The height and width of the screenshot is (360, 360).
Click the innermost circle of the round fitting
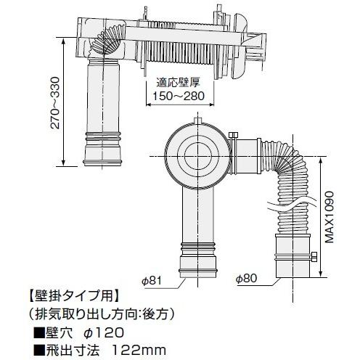click(196, 154)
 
